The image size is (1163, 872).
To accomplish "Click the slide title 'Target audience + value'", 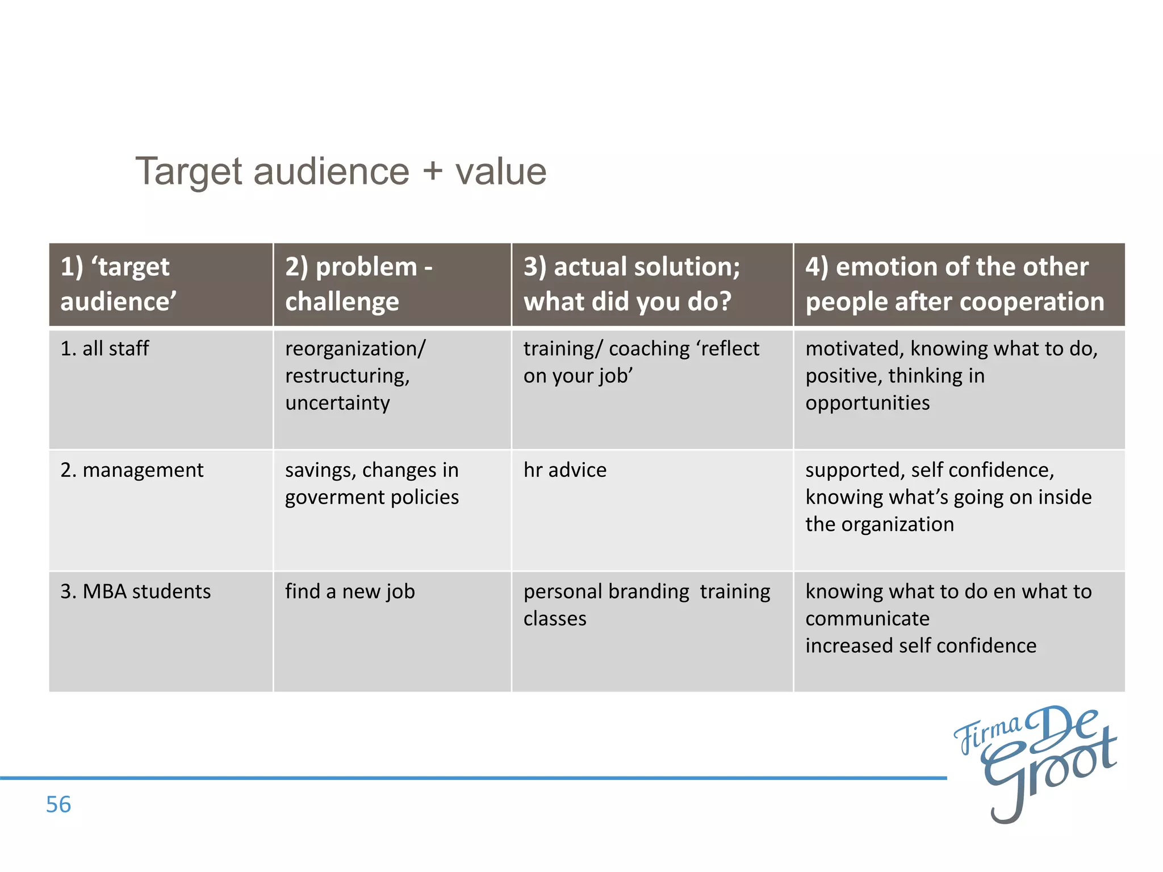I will point(341,171).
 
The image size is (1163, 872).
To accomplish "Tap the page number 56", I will point(58,804).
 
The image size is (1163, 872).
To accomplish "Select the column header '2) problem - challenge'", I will point(359,284).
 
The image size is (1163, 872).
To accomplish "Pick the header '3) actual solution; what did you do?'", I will point(631,284).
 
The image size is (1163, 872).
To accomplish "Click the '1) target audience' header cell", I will point(118,284).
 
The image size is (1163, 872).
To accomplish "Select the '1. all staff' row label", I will point(104,348).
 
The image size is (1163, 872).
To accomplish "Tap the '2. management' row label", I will point(132,470).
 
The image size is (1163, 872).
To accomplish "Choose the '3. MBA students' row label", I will point(135,592).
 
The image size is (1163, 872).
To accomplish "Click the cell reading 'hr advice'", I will point(564,470).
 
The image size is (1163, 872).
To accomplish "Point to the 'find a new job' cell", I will point(350,592).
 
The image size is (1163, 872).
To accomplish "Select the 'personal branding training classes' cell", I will point(646,604).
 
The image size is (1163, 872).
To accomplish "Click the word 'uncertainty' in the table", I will point(337,403).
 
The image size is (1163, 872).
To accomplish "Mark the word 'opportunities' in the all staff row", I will point(867,403).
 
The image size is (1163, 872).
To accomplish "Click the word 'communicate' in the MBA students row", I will point(867,618).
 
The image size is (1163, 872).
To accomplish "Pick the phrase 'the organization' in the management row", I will point(879,524).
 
